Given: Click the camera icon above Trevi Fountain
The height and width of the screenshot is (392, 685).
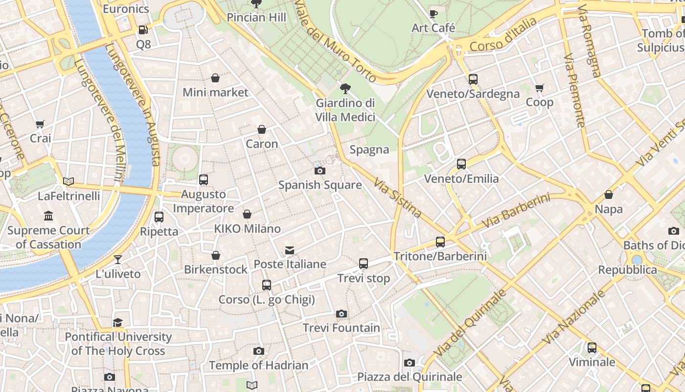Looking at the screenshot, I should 342,314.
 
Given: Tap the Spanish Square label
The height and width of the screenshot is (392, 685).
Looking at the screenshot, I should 320,185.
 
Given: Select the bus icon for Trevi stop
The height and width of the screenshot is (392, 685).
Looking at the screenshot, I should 364,264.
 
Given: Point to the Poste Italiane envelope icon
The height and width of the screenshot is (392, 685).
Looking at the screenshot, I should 290,250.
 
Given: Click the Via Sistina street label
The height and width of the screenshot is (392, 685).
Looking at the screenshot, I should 397,198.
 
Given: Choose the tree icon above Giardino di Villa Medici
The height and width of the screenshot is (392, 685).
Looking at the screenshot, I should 345,89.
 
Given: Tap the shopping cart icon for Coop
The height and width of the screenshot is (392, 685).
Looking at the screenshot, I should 540,88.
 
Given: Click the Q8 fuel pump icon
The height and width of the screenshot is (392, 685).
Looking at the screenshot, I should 143,30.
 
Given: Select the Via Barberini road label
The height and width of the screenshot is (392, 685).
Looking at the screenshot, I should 516,211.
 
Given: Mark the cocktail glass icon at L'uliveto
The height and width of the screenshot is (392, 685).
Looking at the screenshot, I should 118,260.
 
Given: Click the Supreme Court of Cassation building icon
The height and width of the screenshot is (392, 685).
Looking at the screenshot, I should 48,216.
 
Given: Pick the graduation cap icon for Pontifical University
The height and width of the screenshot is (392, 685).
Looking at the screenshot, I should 118,322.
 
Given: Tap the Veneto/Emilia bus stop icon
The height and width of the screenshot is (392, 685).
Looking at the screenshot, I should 461,164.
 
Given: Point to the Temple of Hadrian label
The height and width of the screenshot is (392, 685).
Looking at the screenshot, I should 259,366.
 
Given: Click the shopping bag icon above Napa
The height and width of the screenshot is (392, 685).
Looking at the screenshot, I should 609,195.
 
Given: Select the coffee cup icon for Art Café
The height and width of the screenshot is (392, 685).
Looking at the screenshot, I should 433,14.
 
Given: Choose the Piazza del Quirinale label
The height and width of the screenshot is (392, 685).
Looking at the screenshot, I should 410,377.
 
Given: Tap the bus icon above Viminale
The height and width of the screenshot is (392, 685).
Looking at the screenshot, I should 592,348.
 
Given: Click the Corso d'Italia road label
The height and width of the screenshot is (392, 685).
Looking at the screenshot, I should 502,36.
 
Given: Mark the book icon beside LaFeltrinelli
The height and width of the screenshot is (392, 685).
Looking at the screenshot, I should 68,181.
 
